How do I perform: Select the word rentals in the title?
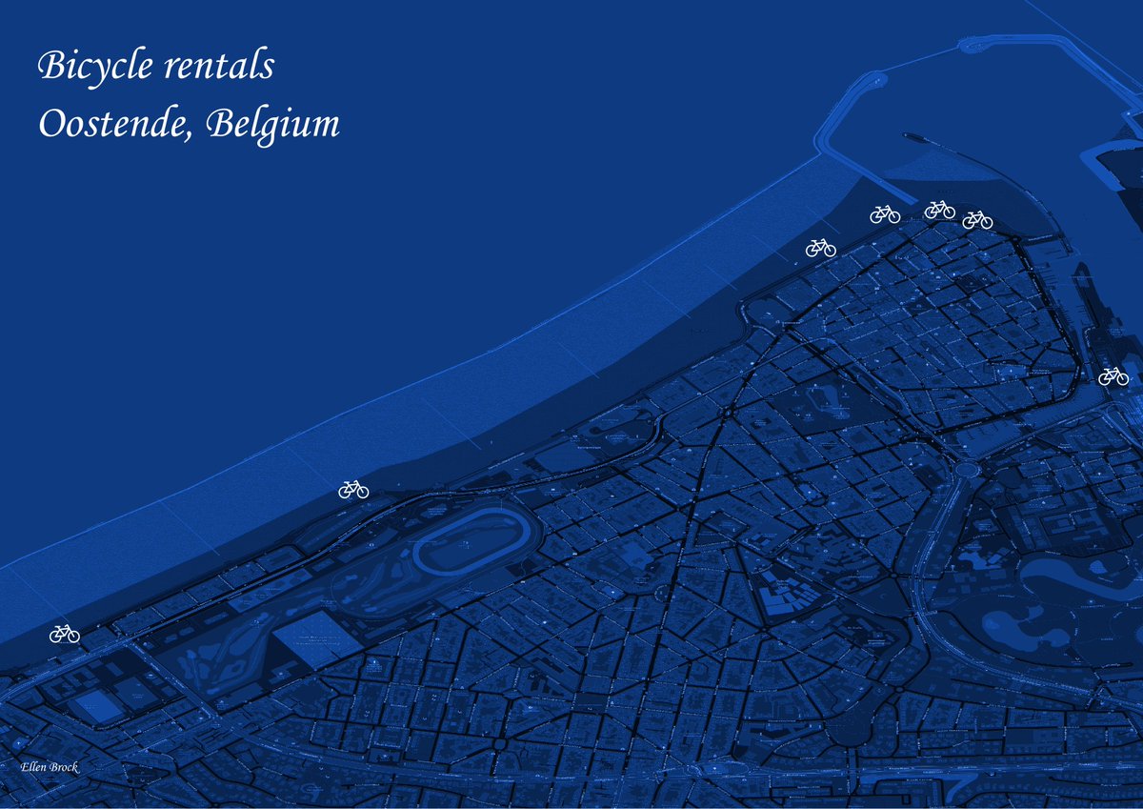pos(218,67)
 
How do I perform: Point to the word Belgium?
pos(271,125)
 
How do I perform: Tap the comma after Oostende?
pos(190,136)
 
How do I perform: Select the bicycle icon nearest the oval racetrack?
pos(353,490)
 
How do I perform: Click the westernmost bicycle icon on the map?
pos(65,634)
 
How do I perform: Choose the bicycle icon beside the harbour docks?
pos(1113,376)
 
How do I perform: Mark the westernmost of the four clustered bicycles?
pos(820,248)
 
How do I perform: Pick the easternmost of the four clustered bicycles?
pos(977,220)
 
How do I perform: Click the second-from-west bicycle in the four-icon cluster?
pos(885,214)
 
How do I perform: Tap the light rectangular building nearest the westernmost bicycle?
pos(98,706)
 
